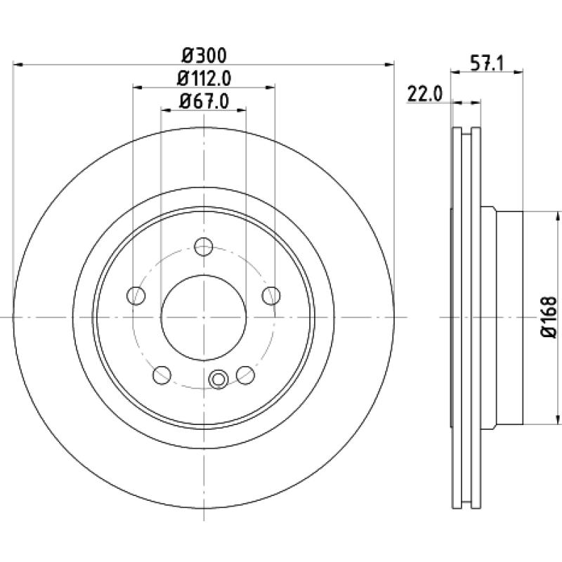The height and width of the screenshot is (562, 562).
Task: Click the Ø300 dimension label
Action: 204,55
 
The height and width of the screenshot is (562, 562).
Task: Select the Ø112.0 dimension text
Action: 204,79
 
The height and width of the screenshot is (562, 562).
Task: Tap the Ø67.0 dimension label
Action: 204,101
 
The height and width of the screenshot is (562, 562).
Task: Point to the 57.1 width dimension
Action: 487,64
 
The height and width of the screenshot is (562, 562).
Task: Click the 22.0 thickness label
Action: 425,95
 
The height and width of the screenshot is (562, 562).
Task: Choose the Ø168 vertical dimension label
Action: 549,317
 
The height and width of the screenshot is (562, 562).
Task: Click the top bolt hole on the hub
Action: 204,247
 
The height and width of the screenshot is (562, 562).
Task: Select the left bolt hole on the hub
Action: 136,296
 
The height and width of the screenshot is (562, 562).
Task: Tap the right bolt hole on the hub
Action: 271,296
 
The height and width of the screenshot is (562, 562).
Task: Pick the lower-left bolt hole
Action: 162,375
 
